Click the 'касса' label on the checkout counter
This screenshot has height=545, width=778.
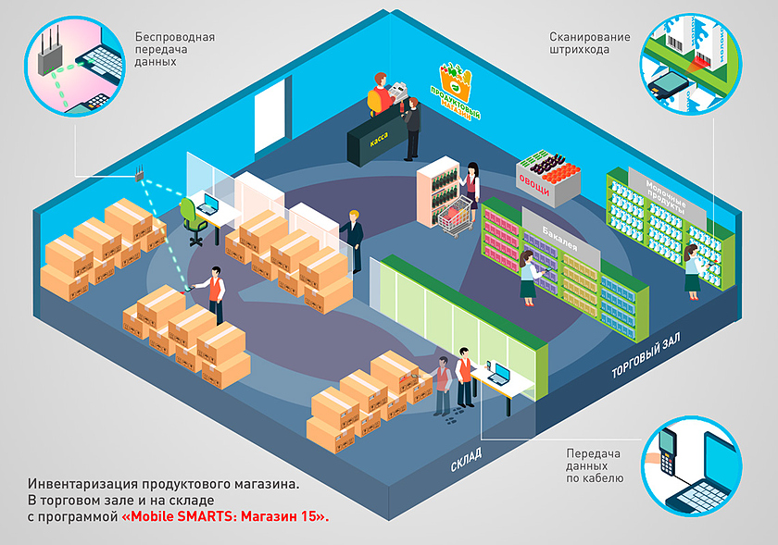(x=379, y=140)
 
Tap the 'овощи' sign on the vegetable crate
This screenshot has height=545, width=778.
(x=533, y=184)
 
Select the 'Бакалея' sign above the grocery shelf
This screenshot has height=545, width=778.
(x=559, y=239)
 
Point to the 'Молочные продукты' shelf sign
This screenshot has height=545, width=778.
(x=666, y=197)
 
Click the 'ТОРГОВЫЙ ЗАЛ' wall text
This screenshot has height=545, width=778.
(x=645, y=356)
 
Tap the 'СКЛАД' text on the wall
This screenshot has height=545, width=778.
(x=466, y=460)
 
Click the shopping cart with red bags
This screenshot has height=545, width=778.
(x=456, y=216)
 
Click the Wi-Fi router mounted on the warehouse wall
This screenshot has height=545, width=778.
(x=140, y=173)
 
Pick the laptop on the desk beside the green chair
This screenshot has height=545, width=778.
(x=209, y=204)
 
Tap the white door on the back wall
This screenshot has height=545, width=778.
(x=270, y=117)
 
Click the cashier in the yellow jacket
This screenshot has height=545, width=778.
(x=380, y=94)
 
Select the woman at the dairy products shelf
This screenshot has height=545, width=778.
(x=694, y=273)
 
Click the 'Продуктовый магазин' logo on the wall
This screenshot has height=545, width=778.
(x=455, y=92)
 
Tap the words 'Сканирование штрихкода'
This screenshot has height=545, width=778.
(x=589, y=43)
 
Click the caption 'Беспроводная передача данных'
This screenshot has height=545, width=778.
(x=175, y=49)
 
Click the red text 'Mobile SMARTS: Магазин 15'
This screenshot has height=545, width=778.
(x=225, y=516)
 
